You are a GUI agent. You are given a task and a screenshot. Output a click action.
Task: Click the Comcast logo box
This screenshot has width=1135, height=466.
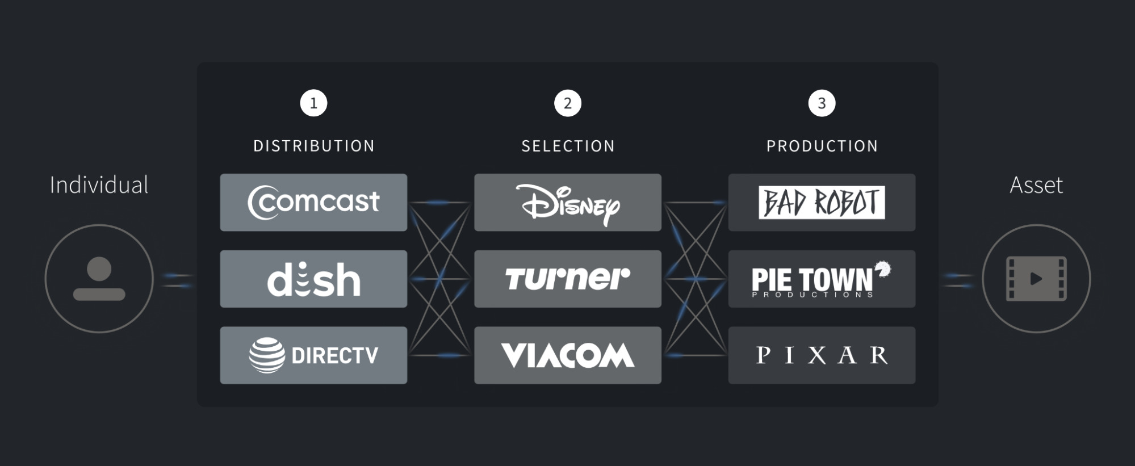point(313,202)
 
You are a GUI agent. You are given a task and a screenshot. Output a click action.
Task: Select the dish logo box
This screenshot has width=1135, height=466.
point(313,279)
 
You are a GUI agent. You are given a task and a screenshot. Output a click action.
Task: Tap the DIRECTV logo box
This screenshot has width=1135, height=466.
point(313,355)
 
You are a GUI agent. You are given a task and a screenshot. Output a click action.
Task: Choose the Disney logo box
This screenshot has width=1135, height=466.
point(568,202)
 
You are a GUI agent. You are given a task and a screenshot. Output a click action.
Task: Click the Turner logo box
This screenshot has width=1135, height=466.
point(568,279)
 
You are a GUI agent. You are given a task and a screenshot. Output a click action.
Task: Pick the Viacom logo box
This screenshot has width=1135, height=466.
point(568,355)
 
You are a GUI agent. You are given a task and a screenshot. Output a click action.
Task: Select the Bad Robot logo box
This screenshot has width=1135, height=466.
point(822,202)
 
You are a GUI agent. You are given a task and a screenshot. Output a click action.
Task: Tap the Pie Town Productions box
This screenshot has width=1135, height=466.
point(822,279)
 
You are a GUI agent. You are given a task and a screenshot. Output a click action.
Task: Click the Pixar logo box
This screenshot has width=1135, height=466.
point(822,355)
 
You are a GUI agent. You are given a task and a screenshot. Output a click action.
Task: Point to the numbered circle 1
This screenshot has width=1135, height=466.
point(313,103)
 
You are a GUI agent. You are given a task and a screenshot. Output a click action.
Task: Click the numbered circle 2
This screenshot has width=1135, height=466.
point(568,103)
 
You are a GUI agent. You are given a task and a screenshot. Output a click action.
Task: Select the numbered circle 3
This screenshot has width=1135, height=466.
point(822,103)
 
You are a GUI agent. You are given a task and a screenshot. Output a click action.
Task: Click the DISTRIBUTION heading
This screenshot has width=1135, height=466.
point(313,146)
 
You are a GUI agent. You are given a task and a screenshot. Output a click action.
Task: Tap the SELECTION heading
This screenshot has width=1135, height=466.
point(568,146)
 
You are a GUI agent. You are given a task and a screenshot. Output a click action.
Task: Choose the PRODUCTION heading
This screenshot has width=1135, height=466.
point(822,146)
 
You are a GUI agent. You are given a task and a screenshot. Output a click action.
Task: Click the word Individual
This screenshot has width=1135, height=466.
point(99,185)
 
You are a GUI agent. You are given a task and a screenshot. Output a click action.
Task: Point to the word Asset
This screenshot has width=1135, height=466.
point(1036,185)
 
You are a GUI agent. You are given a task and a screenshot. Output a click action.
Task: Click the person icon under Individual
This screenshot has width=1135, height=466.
point(99,278)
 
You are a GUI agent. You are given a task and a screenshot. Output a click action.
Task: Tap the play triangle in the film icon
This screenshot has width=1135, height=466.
point(1036,279)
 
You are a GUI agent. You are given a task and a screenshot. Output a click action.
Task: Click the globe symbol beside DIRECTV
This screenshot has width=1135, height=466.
point(267,355)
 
